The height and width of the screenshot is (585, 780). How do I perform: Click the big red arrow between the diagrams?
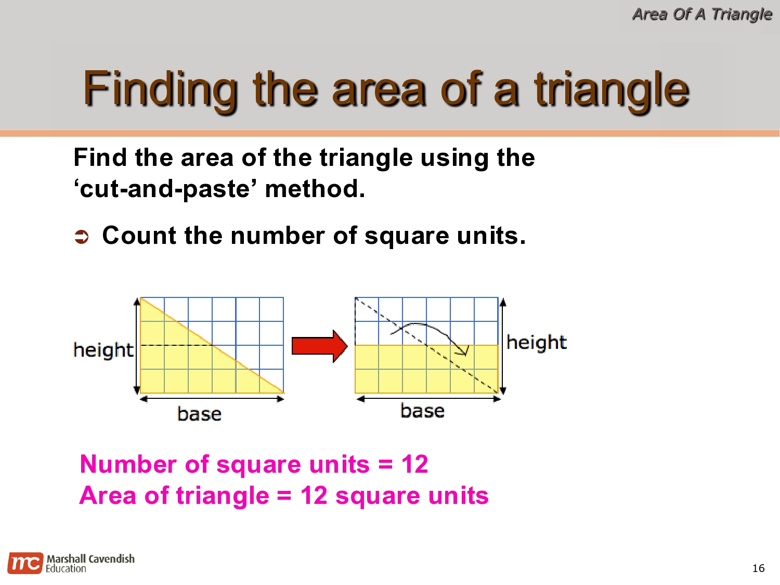319,346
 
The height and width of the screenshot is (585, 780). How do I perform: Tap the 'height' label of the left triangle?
103,350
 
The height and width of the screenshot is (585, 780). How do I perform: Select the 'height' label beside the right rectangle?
536,342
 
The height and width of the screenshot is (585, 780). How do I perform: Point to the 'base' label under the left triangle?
199,414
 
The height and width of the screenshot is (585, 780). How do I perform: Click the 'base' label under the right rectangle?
422,411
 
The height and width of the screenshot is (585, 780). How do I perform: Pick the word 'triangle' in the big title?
612,89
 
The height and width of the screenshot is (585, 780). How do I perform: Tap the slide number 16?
758,568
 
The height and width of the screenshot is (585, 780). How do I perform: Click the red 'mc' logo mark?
25,563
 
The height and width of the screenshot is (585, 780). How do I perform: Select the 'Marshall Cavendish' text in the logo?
90,558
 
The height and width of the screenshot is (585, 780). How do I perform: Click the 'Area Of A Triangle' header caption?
701,14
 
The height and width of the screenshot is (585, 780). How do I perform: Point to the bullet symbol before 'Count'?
82,237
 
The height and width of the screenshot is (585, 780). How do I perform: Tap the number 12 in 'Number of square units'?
414,464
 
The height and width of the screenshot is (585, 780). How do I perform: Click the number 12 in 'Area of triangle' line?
314,495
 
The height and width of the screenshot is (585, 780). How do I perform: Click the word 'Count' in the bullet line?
139,236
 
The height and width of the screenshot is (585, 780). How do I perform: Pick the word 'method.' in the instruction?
315,189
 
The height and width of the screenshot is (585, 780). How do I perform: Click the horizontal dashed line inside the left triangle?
176,345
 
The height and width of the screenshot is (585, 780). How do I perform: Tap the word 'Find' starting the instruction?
100,158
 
